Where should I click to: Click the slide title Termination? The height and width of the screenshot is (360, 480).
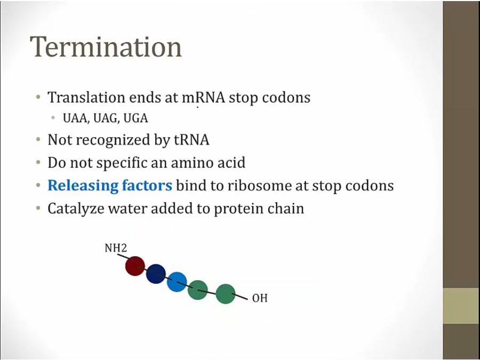[x=106, y=47]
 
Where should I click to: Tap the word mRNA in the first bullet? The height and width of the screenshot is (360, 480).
[x=204, y=98]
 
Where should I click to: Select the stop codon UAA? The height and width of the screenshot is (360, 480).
[x=76, y=118]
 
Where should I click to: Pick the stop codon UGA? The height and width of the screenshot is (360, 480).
[x=135, y=118]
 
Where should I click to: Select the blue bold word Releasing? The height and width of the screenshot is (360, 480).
[x=83, y=186]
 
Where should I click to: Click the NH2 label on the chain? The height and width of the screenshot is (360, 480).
[x=116, y=247]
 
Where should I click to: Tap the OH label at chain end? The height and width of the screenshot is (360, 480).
[x=260, y=298]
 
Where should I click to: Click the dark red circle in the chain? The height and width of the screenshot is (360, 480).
[x=135, y=266]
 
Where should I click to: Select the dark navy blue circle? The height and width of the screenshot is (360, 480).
[x=156, y=274]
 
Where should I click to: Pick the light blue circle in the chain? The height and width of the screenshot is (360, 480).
[x=177, y=282]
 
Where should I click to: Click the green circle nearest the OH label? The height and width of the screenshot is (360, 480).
[x=226, y=294]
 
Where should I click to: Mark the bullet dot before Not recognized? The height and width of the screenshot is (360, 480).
[x=38, y=140]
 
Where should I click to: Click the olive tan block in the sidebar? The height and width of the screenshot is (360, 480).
[x=461, y=306]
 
